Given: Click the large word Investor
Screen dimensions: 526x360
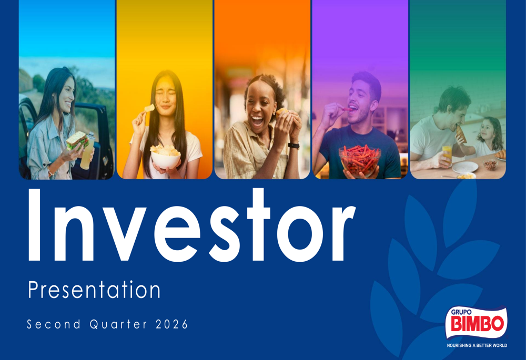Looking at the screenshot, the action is point(191,225).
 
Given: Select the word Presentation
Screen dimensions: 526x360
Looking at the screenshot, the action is point(94,290).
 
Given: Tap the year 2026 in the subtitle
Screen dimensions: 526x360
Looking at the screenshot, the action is point(171,324).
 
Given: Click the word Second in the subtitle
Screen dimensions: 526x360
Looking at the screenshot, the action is point(54,324).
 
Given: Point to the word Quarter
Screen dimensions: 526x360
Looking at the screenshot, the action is point(118,324).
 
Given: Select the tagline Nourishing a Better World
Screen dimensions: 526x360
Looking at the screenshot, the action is point(477,345).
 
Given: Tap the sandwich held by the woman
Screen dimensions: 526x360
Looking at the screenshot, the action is point(77,140).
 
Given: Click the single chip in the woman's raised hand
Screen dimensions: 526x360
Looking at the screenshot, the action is point(149,108).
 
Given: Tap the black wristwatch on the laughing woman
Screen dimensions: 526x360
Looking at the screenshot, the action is point(294,146).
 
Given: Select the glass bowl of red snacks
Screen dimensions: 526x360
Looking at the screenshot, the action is point(360,160).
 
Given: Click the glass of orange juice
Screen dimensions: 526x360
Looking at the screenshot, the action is point(447,155).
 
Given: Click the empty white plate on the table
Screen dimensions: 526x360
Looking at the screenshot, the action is point(464,167).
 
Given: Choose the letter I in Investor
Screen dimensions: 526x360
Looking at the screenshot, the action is point(34,225).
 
